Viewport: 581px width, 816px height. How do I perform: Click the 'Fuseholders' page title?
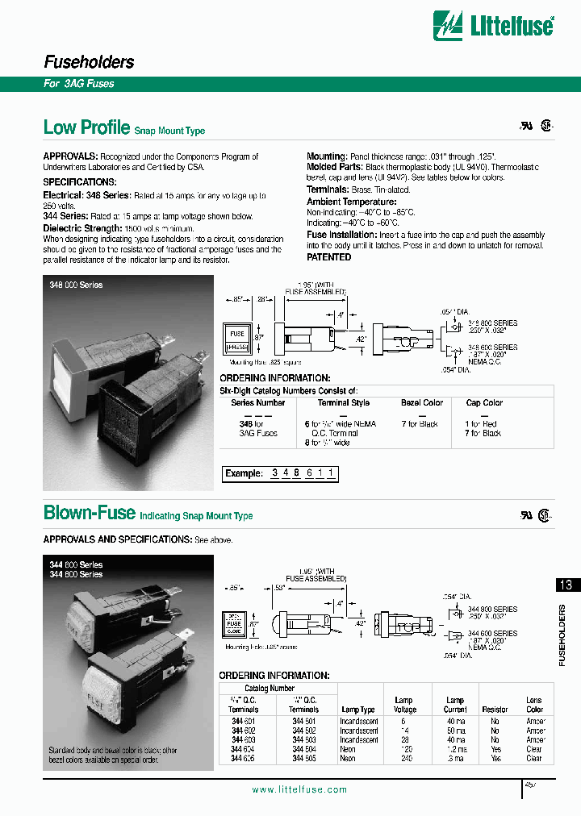tap(88, 62)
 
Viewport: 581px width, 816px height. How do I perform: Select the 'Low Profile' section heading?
tap(86, 127)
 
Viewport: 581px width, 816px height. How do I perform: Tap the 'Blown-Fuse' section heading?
tap(90, 513)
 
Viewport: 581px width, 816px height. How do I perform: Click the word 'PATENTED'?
tap(328, 257)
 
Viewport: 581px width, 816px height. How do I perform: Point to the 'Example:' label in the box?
tap(245, 473)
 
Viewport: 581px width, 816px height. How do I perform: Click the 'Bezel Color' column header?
tap(421, 402)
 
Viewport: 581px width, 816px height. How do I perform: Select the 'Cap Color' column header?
tap(483, 402)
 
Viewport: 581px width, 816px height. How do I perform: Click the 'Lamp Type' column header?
tap(357, 710)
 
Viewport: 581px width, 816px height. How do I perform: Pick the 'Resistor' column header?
tap(495, 710)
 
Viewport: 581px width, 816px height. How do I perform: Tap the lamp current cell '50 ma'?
tap(455, 730)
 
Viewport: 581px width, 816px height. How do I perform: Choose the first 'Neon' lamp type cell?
tap(348, 749)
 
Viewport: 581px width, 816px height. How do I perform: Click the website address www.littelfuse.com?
tap(299, 789)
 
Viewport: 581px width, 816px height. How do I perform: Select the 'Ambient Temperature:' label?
tap(351, 202)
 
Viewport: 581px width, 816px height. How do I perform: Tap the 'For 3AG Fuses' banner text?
tap(79, 84)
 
